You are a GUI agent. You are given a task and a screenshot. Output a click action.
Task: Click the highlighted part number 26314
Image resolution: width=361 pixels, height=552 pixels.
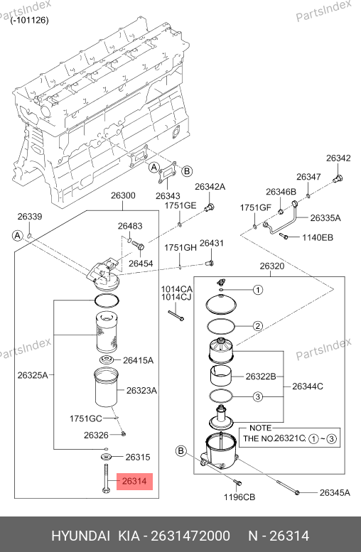point(134,481)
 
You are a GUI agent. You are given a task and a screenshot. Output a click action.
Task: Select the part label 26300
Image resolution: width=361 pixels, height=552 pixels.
point(123,195)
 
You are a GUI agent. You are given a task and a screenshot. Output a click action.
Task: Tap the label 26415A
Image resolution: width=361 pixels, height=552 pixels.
point(138,360)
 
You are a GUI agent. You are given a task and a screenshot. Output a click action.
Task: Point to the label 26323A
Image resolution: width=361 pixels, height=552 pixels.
point(141,391)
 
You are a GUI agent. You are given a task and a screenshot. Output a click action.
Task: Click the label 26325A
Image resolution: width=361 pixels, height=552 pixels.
point(33,375)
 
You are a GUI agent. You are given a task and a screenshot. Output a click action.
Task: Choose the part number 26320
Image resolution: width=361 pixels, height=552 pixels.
point(272,266)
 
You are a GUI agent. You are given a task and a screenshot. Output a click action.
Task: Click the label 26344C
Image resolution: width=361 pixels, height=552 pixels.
point(308,386)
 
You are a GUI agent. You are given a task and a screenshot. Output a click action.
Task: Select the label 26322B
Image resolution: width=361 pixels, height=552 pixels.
point(261,377)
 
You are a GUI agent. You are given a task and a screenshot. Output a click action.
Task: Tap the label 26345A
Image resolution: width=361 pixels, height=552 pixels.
point(335,493)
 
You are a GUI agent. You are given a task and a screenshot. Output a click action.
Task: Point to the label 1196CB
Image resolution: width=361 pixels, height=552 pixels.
point(239,497)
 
